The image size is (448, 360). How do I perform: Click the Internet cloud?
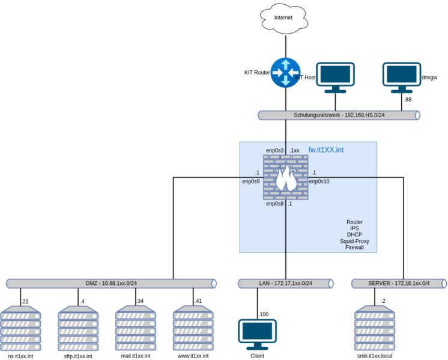pyautogui.click(x=283, y=18)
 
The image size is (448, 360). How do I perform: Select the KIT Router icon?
pyautogui.click(x=285, y=73)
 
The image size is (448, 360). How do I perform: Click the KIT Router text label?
pyautogui.click(x=256, y=73)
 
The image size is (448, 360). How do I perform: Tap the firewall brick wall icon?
pyautogui.click(x=285, y=177)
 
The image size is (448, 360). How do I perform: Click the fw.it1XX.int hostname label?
pyautogui.click(x=326, y=150)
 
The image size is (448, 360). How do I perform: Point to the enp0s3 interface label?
pyautogui.click(x=275, y=150)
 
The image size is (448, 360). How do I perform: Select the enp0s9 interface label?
pyautogui.click(x=251, y=181)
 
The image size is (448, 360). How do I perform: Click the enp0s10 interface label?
pyautogui.click(x=319, y=181)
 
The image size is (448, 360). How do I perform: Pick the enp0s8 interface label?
pyautogui.click(x=275, y=204)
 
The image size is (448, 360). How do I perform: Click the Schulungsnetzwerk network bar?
pyautogui.click(x=339, y=115)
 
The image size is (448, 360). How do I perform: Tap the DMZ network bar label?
pyautogui.click(x=111, y=283)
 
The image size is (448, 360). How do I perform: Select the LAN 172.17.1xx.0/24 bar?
pyautogui.click(x=285, y=283)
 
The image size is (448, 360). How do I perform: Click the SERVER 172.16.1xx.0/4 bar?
pyautogui.click(x=398, y=283)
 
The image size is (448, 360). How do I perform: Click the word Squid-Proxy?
pyautogui.click(x=354, y=241)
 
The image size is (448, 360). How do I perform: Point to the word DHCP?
pyautogui.click(x=354, y=235)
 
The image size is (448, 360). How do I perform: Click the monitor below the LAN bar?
pyautogui.click(x=257, y=334)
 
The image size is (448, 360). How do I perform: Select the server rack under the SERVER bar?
pyautogui.click(x=374, y=328)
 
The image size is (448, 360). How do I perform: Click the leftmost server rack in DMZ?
pyautogui.click(x=21, y=328)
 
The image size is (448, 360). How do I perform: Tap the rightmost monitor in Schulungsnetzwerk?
pyautogui.click(x=402, y=78)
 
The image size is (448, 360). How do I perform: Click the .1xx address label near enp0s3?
pyautogui.click(x=294, y=150)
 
